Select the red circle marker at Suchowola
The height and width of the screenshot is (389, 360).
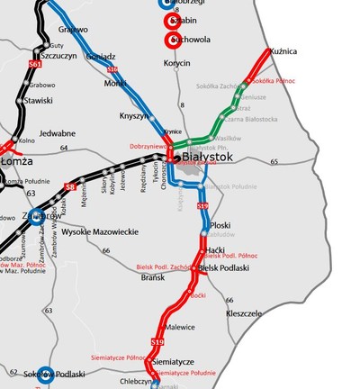(x=171, y=41)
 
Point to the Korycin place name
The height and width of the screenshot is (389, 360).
(x=177, y=63)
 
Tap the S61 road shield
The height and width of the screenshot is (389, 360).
(x=35, y=65)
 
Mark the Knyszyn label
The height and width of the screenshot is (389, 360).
(x=134, y=116)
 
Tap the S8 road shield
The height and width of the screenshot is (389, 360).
(x=69, y=186)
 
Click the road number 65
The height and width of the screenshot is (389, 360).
(x=274, y=161)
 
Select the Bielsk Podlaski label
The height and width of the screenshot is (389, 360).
(x=222, y=268)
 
